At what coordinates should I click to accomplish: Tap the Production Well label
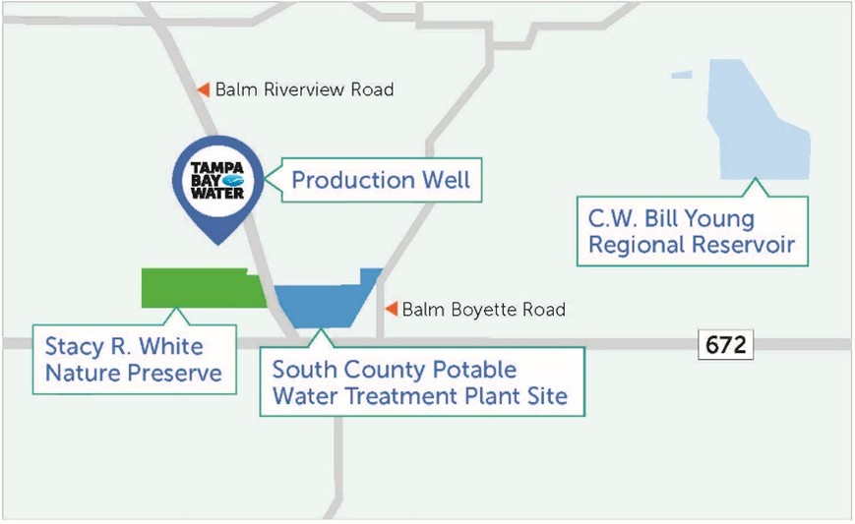click(381, 180)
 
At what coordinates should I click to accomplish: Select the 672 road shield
click(726, 344)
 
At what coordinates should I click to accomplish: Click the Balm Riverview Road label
click(304, 89)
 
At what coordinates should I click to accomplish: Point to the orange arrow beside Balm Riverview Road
click(204, 89)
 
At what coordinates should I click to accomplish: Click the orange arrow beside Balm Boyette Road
click(391, 309)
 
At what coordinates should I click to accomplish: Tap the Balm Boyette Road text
click(484, 310)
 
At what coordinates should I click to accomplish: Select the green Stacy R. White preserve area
click(204, 288)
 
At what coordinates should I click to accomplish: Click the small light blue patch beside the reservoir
click(682, 75)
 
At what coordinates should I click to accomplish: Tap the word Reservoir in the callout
click(744, 244)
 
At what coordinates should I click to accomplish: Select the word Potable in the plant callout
click(474, 370)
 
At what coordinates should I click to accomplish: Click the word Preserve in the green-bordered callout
click(174, 374)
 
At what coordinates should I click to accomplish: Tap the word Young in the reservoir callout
click(719, 219)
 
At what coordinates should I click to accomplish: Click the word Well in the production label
click(446, 180)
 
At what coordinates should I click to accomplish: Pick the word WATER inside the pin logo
click(217, 194)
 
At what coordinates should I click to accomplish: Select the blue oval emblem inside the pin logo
click(234, 181)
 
